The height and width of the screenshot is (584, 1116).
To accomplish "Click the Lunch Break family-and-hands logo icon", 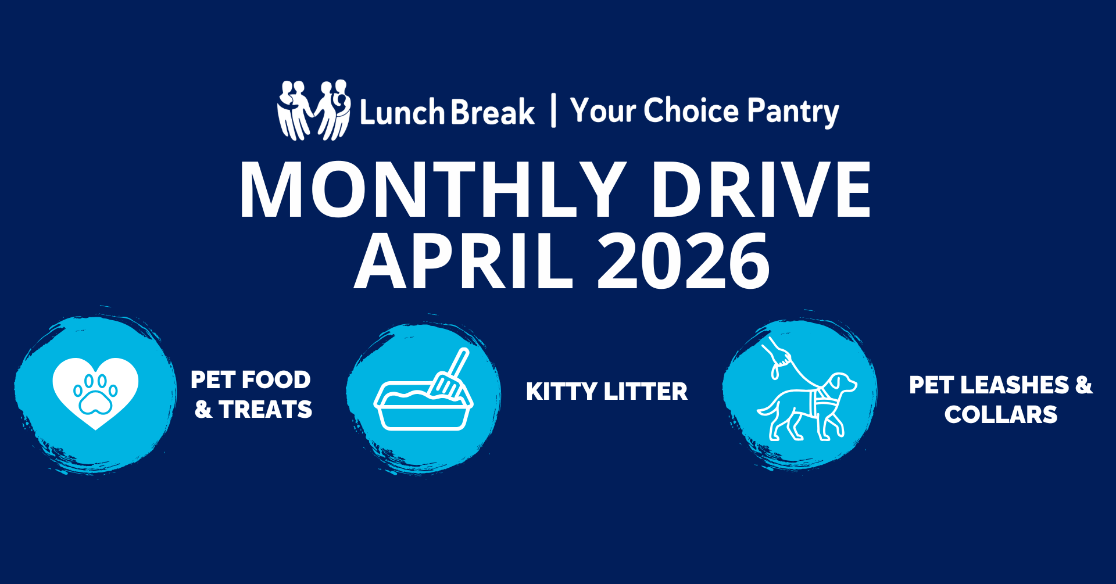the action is (314, 110).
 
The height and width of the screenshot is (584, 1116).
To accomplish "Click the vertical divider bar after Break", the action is (553, 110).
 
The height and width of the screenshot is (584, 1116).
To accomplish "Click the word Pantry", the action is (793, 112).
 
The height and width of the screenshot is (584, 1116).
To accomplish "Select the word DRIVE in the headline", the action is (761, 190).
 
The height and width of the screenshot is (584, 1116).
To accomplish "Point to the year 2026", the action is (684, 261).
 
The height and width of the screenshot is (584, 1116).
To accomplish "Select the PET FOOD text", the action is (251, 380).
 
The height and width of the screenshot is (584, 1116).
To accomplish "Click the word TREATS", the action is (266, 410).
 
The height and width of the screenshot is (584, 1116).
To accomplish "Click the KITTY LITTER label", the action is (607, 392).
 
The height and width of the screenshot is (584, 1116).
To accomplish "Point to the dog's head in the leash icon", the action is (841, 384).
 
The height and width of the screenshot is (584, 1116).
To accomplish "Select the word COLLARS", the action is (1001, 415).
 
